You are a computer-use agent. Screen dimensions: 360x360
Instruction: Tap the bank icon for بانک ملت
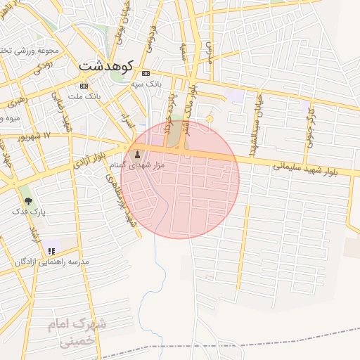84,85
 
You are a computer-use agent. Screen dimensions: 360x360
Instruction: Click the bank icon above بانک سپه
146,73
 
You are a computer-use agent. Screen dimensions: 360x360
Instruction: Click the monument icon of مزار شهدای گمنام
136,153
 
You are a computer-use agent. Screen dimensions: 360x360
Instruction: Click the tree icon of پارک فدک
28,200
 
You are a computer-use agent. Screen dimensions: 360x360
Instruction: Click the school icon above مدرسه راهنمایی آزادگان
51,250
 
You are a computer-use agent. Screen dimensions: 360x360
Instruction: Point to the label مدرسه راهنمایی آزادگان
53,262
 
